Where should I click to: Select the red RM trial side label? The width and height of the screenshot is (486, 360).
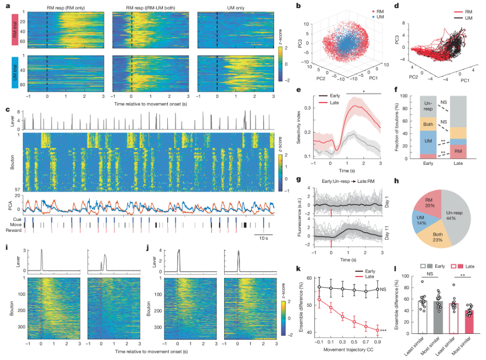coord(15,28)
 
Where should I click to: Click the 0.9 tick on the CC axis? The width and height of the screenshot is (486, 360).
coord(376,340)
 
